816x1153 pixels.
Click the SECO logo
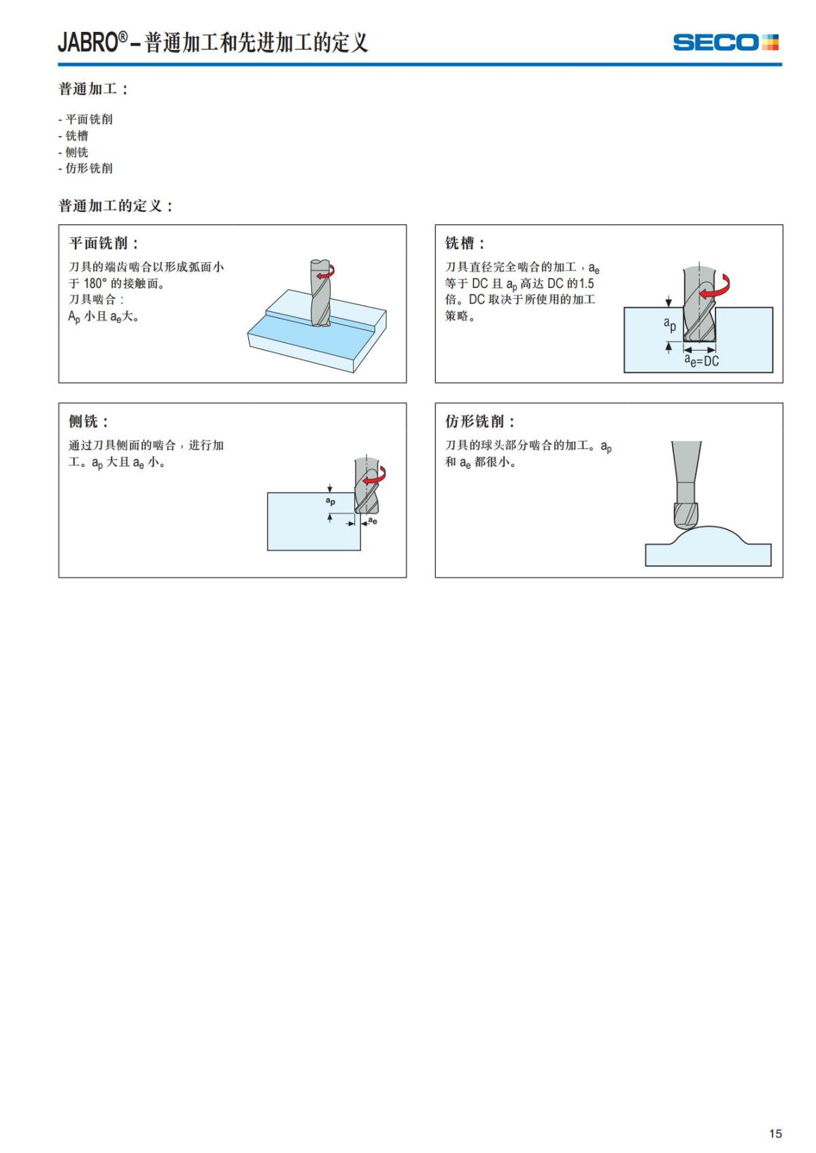click(725, 42)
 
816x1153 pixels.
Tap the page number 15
click(775, 1133)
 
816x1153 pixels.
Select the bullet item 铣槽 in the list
click(76, 136)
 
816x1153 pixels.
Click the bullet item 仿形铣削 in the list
click(88, 168)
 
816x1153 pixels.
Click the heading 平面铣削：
click(103, 243)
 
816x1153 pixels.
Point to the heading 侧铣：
click(88, 421)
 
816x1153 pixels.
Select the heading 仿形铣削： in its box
click(480, 421)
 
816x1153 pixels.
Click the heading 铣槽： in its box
click(465, 243)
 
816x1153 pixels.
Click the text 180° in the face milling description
click(95, 283)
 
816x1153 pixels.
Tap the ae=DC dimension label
click(701, 361)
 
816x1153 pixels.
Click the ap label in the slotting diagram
click(670, 324)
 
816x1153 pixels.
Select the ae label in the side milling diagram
click(373, 522)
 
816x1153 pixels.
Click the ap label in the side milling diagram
click(330, 501)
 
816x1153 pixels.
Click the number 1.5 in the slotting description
click(585, 283)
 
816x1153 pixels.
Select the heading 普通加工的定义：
click(116, 206)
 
